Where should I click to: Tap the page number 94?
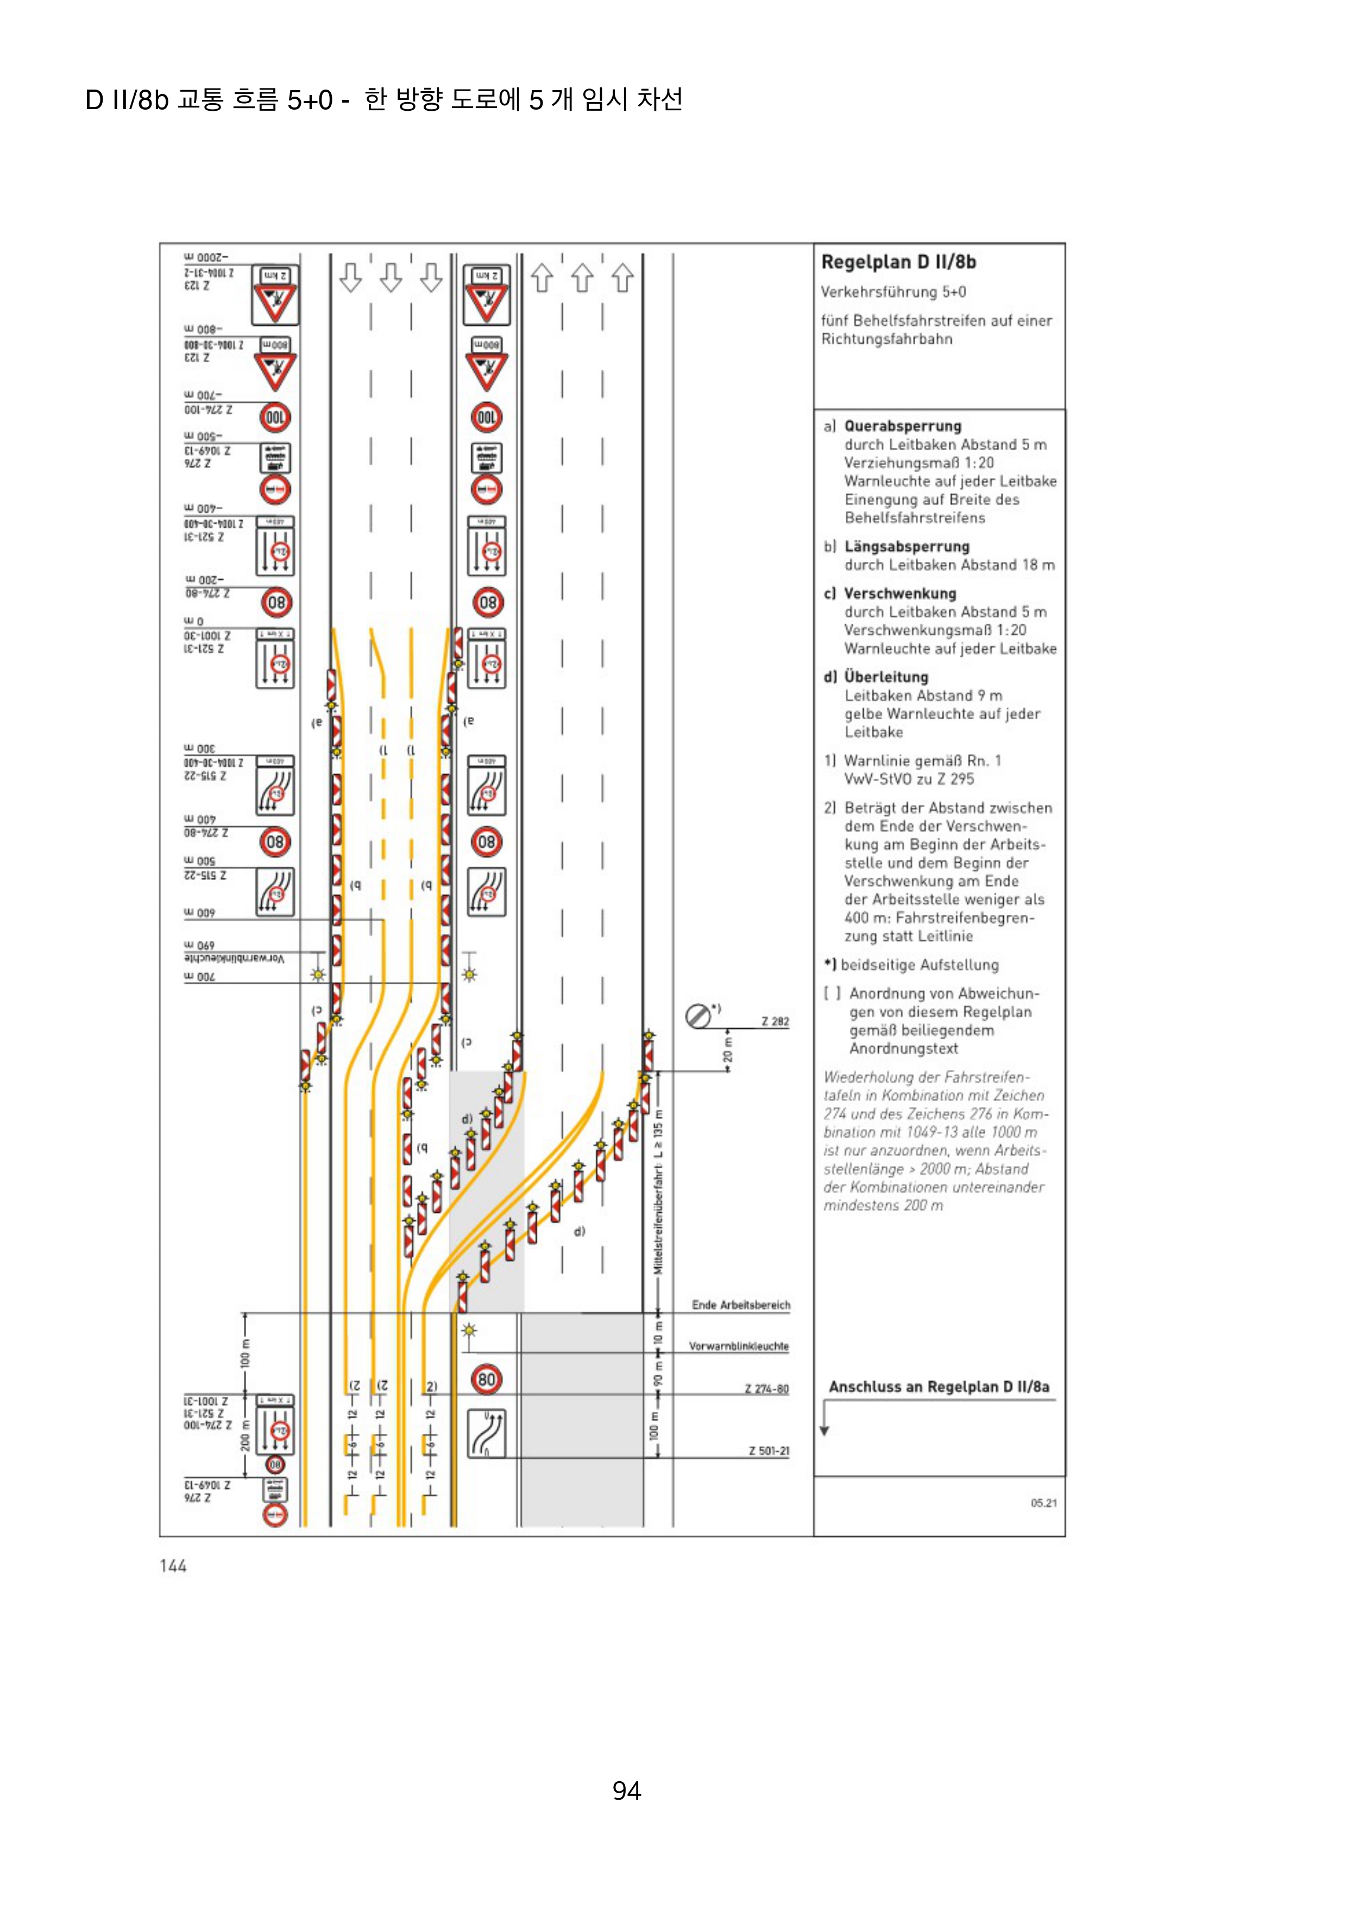(x=627, y=1790)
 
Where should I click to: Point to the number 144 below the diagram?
(x=173, y=1566)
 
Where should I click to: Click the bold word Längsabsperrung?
(x=907, y=547)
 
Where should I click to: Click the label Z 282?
(x=775, y=1021)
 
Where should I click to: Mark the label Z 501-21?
(x=769, y=1451)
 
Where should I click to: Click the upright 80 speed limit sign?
(x=486, y=1380)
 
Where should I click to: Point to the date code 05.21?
(x=1043, y=1503)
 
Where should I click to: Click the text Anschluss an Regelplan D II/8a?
(x=939, y=1387)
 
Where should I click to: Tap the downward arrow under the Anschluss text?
(x=824, y=1420)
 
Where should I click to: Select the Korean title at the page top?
(x=383, y=99)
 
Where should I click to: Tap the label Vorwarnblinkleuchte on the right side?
(x=738, y=1346)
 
